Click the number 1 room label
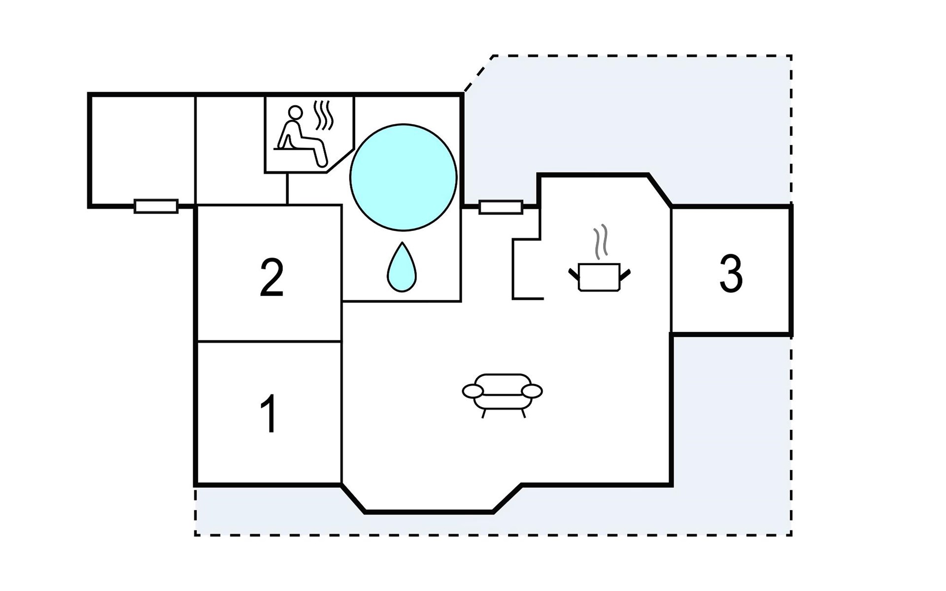pos(269,413)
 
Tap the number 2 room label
pos(271,277)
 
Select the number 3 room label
pos(731,273)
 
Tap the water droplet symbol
pos(402,266)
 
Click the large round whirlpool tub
pos(404,177)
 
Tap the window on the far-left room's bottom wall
pos(156,206)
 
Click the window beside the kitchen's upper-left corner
pos(501,207)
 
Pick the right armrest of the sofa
pos(532,392)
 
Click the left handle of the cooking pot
pos(574,274)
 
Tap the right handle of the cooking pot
pos(625,274)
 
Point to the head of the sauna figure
pos(296,113)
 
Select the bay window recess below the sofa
pos(429,498)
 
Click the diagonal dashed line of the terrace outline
pos(478,73)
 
